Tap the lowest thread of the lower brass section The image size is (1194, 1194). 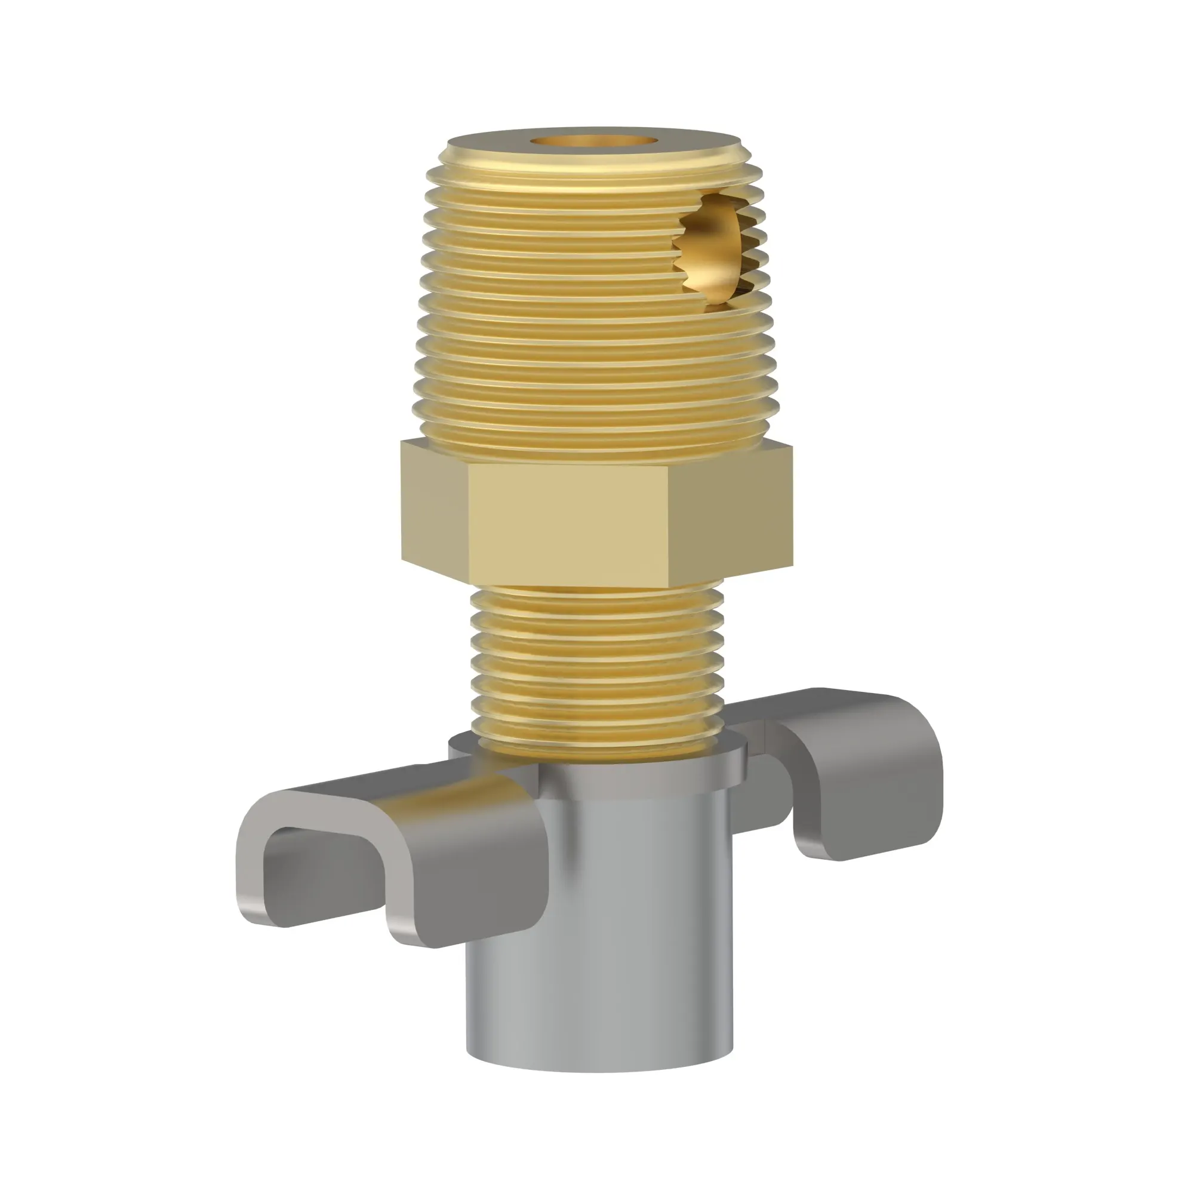coord(596,741)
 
